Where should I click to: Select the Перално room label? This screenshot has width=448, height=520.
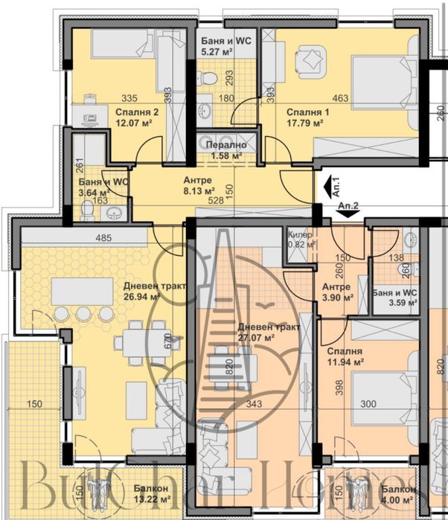pyautogui.click(x=228, y=146)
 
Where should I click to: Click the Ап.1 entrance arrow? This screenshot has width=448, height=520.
pyautogui.click(x=327, y=182)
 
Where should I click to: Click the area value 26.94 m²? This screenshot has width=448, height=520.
pyautogui.click(x=134, y=297)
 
